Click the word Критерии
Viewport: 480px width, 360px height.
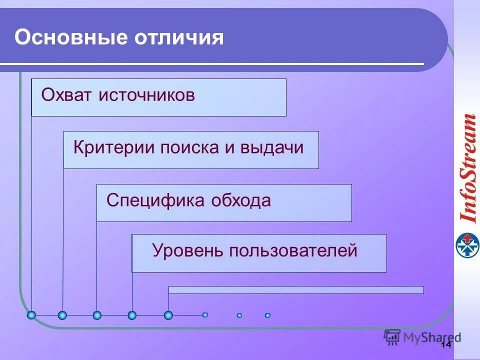pyautogui.click(x=114, y=148)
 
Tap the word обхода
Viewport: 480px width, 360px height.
pyautogui.click(x=241, y=201)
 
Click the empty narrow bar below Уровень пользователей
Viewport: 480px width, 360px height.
pyautogui.click(x=296, y=290)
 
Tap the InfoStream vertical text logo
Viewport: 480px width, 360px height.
pyautogui.click(x=467, y=168)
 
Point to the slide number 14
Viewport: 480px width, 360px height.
pyautogui.click(x=446, y=344)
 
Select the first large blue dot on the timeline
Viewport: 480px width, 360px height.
pyautogui.click(x=31, y=315)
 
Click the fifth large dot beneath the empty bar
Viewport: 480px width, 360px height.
pyautogui.click(x=168, y=315)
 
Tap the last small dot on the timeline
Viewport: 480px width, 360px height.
pyautogui.click(x=267, y=315)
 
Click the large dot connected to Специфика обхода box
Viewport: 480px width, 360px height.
pyautogui.click(x=97, y=315)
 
